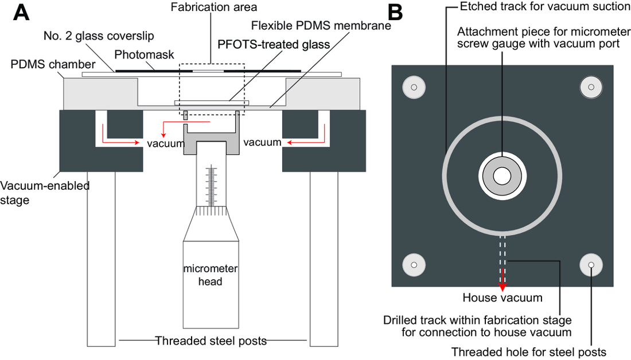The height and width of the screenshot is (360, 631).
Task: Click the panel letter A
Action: click(21, 12)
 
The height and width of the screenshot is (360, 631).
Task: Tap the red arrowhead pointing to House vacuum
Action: click(503, 286)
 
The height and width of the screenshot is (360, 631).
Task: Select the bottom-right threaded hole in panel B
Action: click(591, 265)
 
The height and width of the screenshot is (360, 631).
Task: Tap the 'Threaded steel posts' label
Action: click(211, 341)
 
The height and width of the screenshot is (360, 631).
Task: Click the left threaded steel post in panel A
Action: click(102, 258)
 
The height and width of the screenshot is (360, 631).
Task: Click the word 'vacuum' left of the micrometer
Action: click(165, 143)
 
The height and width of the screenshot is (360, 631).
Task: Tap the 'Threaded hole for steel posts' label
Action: click(529, 351)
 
